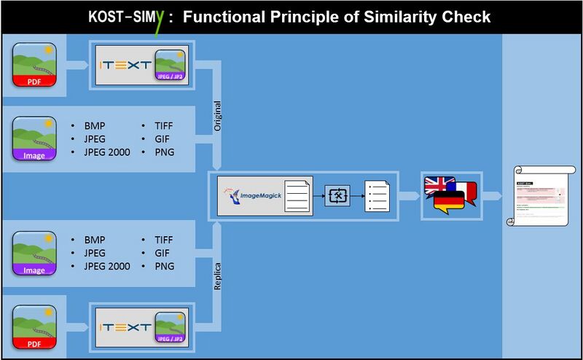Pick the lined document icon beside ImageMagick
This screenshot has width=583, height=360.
[x=297, y=195]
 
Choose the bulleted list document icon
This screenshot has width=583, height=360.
[x=377, y=195]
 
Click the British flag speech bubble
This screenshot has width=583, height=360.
[x=439, y=185]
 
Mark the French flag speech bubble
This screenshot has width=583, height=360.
[x=466, y=191]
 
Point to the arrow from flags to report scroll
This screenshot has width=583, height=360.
[x=491, y=195]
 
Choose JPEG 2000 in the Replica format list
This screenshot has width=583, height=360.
[x=106, y=266]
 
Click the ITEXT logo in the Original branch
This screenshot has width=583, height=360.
[x=124, y=64]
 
